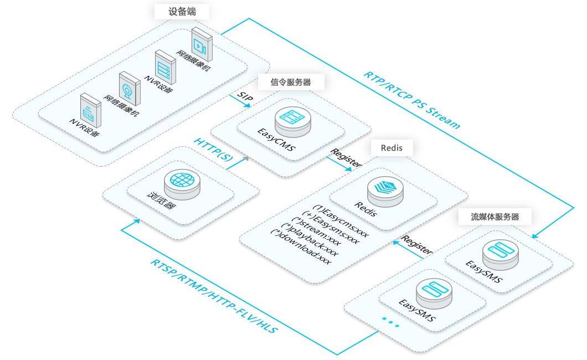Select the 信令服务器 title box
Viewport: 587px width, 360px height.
291,82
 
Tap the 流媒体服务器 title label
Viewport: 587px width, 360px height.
496,217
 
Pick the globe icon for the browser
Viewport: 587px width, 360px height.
184,181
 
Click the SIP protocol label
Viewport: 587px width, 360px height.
245,95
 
